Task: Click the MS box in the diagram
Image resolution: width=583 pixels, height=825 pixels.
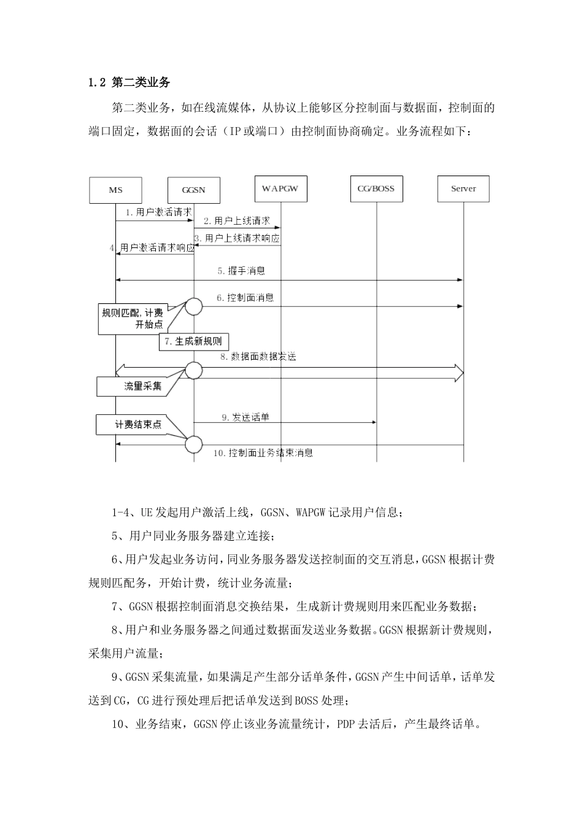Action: point(115,190)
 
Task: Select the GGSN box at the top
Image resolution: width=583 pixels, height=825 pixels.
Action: point(193,190)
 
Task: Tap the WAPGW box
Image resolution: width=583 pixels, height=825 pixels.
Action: point(280,188)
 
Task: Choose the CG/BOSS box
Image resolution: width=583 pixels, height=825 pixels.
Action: point(376,188)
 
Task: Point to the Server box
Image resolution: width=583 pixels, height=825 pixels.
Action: point(463,188)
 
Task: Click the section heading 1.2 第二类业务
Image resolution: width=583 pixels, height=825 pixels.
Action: point(129,82)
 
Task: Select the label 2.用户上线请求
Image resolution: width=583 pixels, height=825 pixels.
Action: point(237,220)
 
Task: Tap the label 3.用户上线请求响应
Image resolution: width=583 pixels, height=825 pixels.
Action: point(237,238)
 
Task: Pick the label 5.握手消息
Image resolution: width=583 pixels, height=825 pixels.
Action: point(241,270)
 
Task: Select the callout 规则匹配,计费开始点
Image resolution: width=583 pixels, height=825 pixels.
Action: point(132,319)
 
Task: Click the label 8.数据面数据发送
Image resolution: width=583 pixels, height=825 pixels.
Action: point(258,356)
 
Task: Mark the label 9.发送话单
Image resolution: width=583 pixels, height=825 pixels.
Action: point(245,417)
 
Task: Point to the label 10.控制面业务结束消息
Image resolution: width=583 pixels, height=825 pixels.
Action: point(263,453)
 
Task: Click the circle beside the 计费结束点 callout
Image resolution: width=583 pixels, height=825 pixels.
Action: point(194,443)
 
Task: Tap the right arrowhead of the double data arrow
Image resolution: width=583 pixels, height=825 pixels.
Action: point(458,373)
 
